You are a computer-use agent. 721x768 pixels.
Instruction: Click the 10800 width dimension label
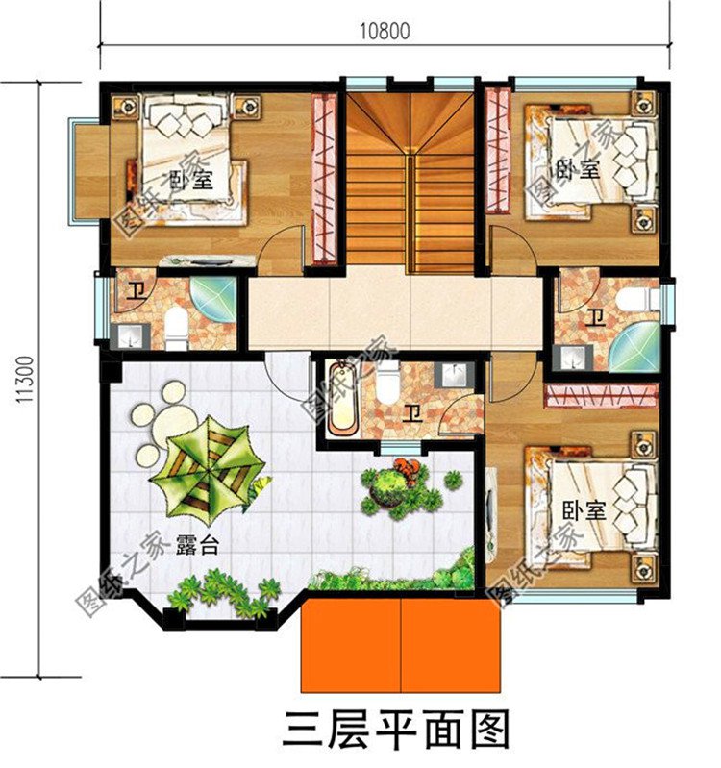click(385, 30)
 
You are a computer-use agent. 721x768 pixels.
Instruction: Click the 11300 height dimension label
click(26, 381)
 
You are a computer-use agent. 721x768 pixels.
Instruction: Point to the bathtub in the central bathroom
click(341, 398)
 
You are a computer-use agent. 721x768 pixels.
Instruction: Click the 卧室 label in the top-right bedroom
click(578, 169)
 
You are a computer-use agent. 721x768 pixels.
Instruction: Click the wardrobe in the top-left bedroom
click(324, 178)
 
